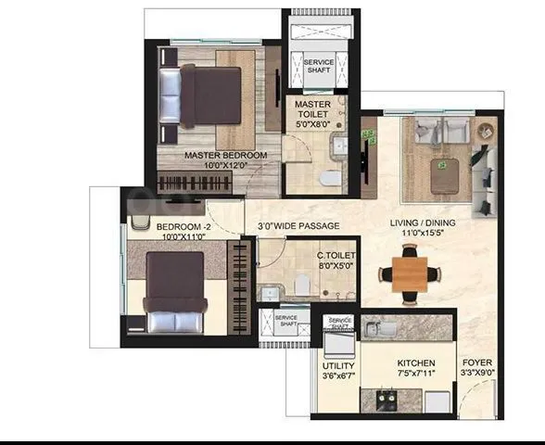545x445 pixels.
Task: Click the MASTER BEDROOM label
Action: (x=225, y=155)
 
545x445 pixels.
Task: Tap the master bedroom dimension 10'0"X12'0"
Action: (x=225, y=166)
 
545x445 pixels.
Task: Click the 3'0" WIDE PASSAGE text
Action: (x=298, y=226)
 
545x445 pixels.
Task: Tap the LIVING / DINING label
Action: (x=420, y=222)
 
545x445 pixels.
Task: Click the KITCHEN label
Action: (x=416, y=363)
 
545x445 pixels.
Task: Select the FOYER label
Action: (x=478, y=363)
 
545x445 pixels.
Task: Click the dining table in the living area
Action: (x=409, y=274)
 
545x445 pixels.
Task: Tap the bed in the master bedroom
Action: (x=197, y=95)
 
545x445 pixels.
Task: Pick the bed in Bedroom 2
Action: (x=174, y=292)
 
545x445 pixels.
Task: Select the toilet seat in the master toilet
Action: (x=330, y=177)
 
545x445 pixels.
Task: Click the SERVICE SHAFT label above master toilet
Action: (x=319, y=67)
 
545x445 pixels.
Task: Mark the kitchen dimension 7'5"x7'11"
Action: (x=416, y=375)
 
